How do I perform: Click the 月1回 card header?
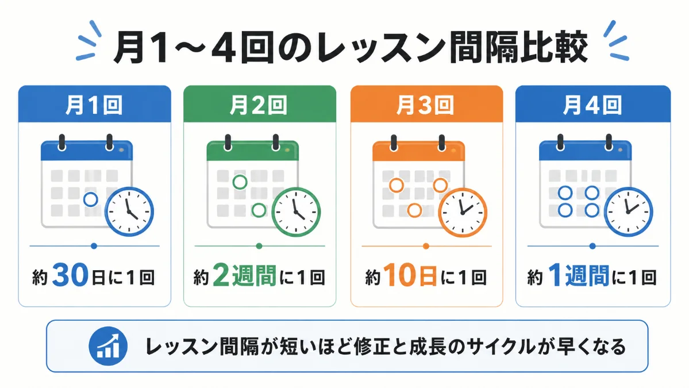point(94,104)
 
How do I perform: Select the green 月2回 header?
point(260,104)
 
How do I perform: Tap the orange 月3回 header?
point(426,104)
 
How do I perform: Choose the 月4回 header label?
point(593,104)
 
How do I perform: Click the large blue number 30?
point(70,275)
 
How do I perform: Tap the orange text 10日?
point(410,275)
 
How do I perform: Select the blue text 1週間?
point(579,275)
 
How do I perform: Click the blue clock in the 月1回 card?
point(129,212)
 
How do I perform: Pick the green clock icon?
point(296,212)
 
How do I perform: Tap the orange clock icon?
point(463,212)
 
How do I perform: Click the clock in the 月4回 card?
point(628,212)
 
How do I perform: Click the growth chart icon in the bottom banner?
point(108,346)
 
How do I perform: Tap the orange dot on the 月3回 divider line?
point(426,246)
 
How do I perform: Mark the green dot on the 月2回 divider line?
point(259,246)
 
